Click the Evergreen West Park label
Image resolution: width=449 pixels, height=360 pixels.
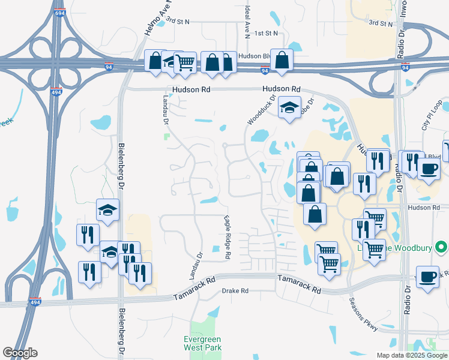[x=202, y=343]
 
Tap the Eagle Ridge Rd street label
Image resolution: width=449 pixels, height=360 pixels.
[x=228, y=237]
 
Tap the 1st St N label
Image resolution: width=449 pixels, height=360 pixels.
[x=267, y=34]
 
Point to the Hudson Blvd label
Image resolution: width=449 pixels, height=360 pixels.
[x=253, y=56]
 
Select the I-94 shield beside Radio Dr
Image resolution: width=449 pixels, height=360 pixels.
[x=406, y=68]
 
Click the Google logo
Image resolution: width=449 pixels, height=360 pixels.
[x=20, y=353]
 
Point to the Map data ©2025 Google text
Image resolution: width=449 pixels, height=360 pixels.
[x=412, y=355]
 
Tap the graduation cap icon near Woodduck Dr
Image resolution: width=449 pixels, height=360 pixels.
[x=289, y=107]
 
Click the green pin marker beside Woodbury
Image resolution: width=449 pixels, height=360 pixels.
[x=441, y=247]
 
